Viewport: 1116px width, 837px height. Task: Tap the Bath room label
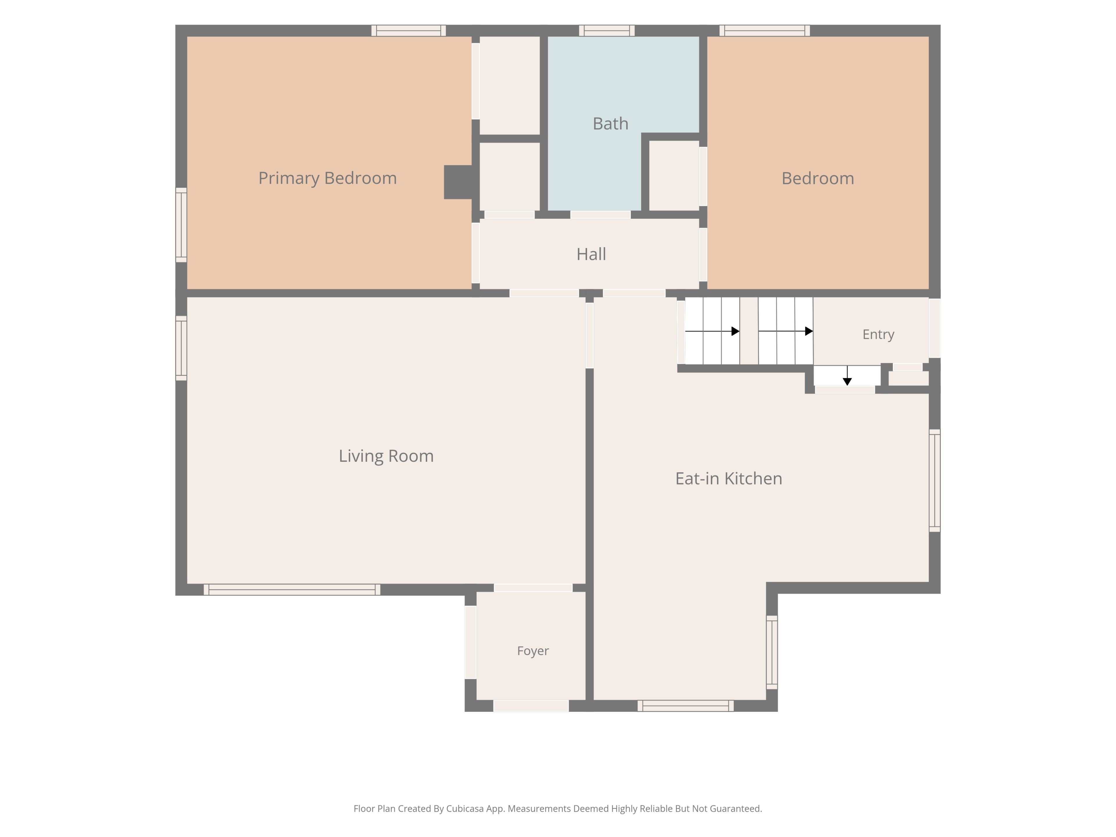click(611, 124)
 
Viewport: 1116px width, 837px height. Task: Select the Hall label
click(591, 254)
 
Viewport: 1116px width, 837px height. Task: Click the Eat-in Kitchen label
click(729, 479)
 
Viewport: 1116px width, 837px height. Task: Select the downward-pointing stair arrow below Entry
click(847, 376)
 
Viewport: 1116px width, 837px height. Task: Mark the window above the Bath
click(607, 31)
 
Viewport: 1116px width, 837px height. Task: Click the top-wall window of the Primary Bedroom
click(409, 31)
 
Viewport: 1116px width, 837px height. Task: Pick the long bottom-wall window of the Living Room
click(292, 590)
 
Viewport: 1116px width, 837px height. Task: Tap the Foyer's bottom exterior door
click(531, 706)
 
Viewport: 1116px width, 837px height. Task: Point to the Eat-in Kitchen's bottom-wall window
click(686, 706)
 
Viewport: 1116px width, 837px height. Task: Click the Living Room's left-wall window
click(181, 348)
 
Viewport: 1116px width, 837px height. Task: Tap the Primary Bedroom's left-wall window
click(181, 225)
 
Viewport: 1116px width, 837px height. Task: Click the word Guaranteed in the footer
click(736, 809)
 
